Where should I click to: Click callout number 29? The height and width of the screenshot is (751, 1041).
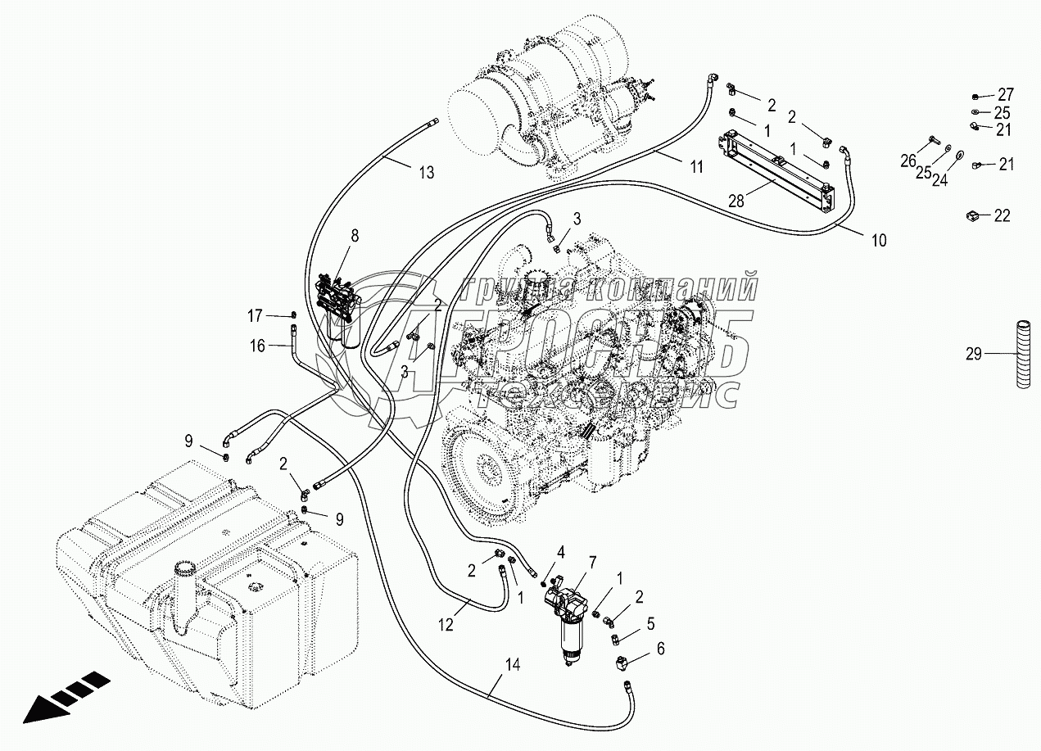(973, 354)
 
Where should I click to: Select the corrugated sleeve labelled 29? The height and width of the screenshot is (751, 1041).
(1020, 354)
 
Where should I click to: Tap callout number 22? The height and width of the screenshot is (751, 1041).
(1003, 216)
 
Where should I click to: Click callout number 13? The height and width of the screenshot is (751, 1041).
(426, 172)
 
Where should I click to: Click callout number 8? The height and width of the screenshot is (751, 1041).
(355, 236)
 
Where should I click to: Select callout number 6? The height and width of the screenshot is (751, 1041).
(660, 648)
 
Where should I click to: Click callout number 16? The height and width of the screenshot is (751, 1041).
(257, 346)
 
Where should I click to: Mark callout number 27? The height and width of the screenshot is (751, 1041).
(1005, 93)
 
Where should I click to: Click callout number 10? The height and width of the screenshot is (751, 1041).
(878, 241)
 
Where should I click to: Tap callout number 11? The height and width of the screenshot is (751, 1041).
(696, 167)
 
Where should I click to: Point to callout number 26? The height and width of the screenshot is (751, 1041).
(907, 161)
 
